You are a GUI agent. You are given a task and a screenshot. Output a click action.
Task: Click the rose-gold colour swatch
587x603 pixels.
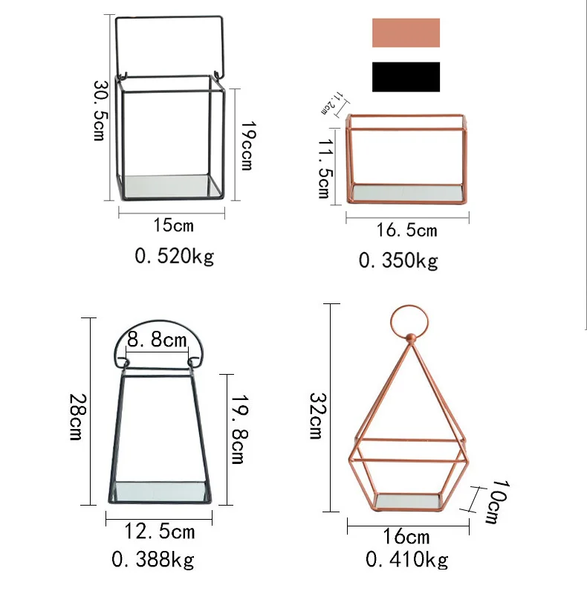[406, 33]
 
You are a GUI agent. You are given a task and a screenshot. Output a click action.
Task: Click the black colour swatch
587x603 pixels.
[406, 77]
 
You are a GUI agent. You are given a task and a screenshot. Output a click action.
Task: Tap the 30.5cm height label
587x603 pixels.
[100, 111]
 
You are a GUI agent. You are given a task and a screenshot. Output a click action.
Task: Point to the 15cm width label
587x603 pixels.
[173, 225]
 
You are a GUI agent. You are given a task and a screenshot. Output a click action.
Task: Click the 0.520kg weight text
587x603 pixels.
[174, 257]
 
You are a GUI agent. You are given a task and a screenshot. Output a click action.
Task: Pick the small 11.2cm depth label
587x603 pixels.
[330, 103]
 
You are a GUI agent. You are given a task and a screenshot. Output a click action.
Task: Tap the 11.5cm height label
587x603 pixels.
[325, 169]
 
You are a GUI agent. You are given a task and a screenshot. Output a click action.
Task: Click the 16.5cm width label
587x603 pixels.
[406, 230]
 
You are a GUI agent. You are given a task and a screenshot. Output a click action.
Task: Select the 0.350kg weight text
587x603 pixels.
[398, 261]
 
